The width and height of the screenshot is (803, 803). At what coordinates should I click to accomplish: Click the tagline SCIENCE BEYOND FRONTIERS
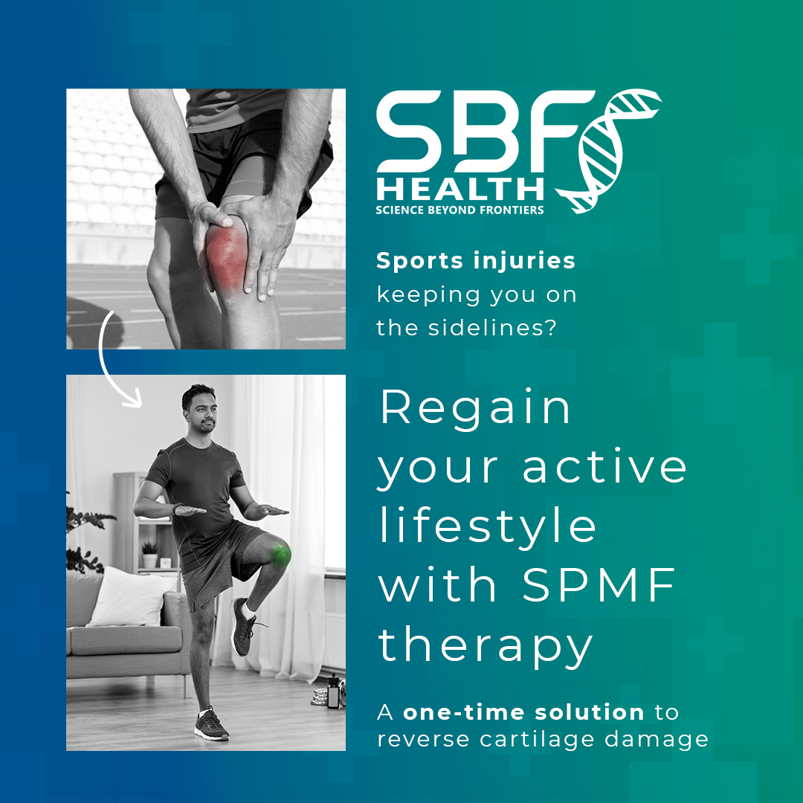[x=460, y=210]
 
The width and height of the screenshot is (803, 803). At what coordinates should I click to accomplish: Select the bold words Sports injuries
[x=476, y=261]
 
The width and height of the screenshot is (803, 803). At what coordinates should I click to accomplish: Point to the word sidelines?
[x=492, y=328]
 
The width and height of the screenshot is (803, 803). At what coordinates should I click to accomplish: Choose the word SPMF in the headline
[x=599, y=585]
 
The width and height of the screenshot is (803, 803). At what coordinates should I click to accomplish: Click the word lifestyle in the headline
[x=488, y=527]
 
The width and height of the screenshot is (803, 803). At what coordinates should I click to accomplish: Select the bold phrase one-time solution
[x=523, y=712]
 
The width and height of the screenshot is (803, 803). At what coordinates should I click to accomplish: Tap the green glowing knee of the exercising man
[x=280, y=555]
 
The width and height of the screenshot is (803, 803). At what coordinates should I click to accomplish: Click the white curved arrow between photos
[x=102, y=358]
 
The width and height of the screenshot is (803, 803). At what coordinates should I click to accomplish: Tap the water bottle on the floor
[x=333, y=691]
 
